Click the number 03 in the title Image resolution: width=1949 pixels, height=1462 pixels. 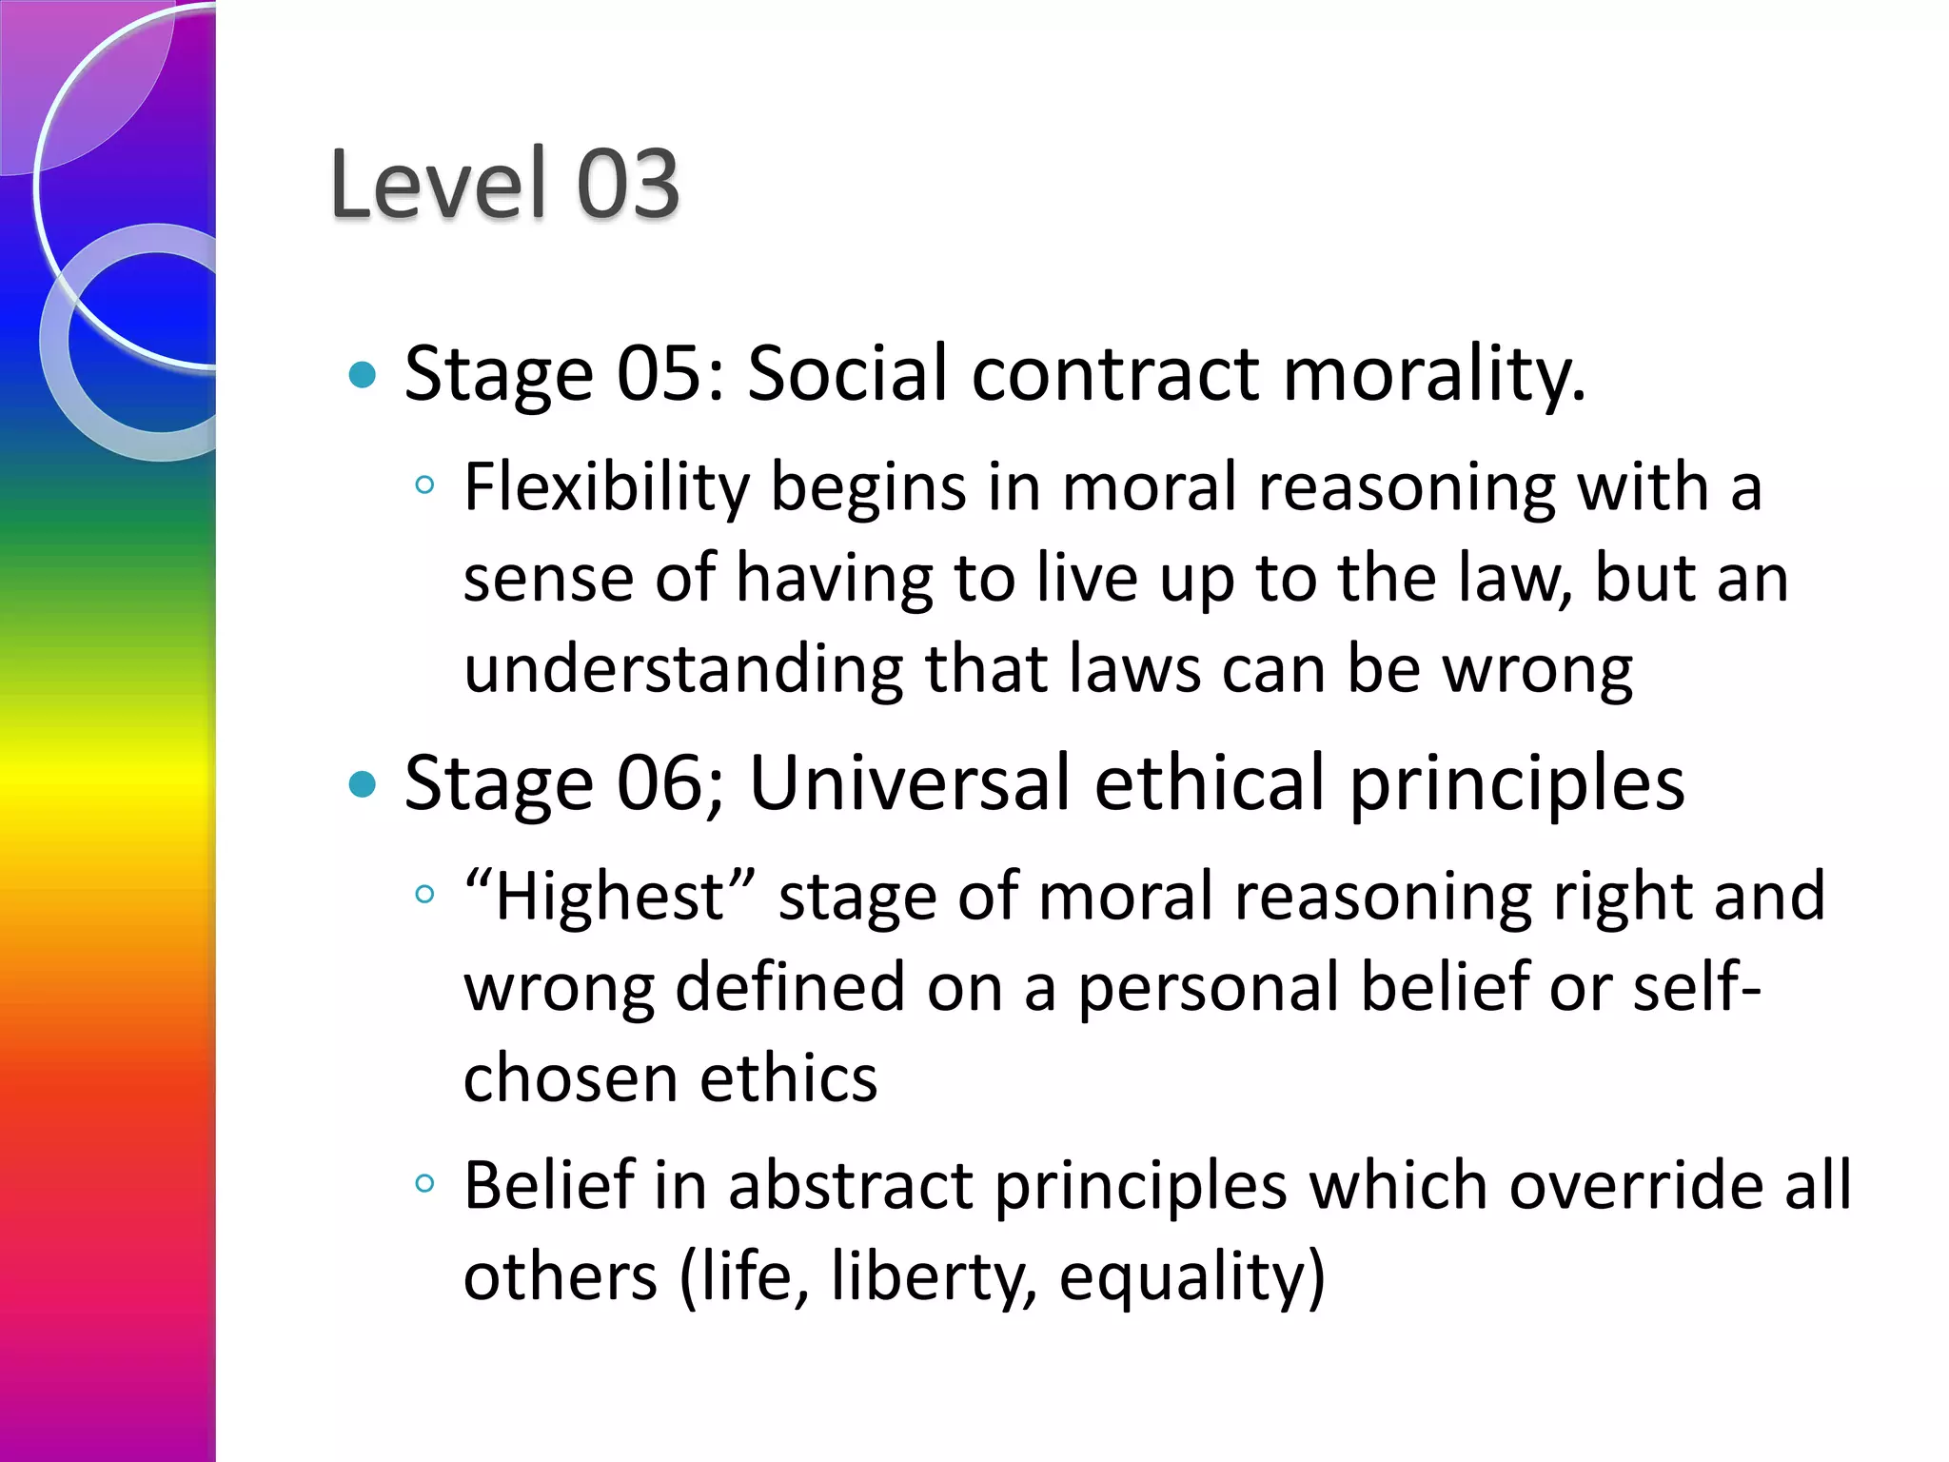(628, 183)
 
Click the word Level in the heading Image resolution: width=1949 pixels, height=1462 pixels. (439, 183)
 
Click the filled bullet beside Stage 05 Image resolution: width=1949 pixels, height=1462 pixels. (363, 375)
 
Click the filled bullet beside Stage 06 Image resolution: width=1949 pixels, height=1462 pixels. (363, 785)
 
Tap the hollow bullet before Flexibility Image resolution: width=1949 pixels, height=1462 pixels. (424, 485)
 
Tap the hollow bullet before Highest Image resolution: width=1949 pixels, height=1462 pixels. (424, 895)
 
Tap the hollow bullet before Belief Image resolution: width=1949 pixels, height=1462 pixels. (424, 1184)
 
